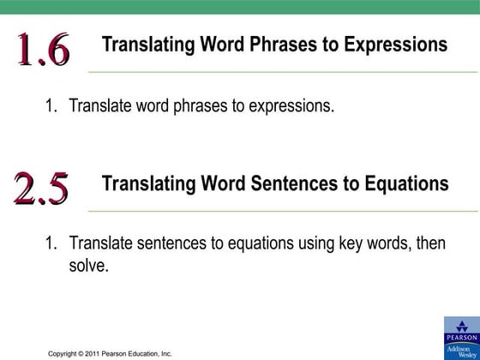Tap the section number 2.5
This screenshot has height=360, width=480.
point(41,189)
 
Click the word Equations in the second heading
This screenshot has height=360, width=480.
point(404,183)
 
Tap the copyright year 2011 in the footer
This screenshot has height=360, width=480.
point(96,353)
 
